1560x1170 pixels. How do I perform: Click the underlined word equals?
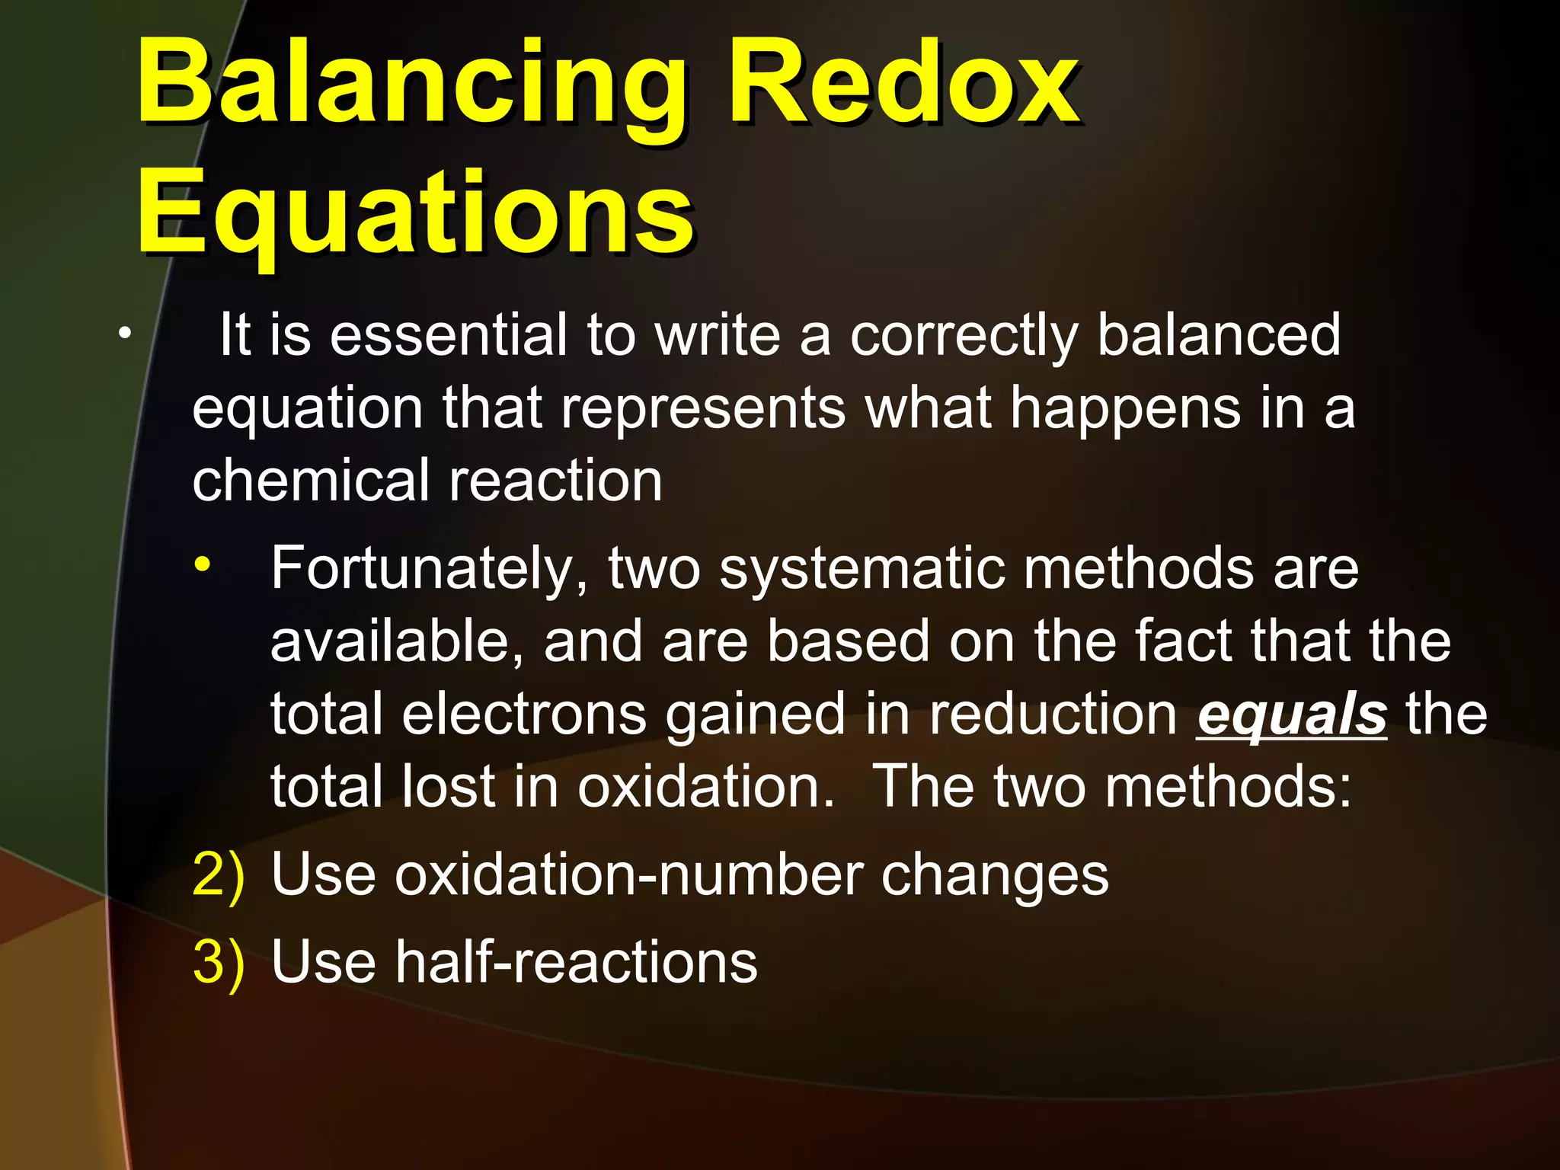1291,715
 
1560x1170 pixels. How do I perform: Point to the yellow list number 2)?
219,874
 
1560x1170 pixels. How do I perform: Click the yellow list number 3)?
219,961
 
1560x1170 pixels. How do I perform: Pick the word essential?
449,334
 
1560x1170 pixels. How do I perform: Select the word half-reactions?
576,961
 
